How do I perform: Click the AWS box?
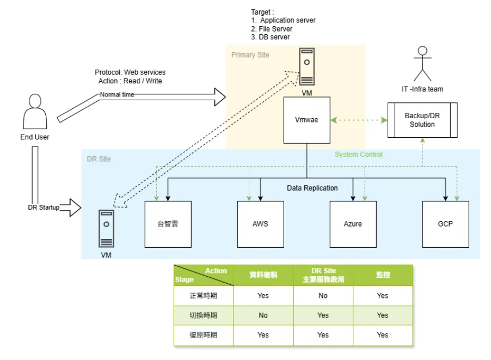coord(261,224)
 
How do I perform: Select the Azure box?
coord(353,224)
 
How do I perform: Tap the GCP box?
coord(445,224)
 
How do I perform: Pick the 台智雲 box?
coord(168,224)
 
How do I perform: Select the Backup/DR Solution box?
coord(422,120)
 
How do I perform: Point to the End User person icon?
coord(34,112)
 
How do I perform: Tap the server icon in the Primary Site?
coord(306,67)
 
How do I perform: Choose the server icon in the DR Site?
coord(106,229)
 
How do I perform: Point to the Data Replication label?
coord(312,188)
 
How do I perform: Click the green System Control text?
coord(358,154)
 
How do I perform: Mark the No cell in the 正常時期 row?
coord(323,295)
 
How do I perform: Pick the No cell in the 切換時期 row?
coord(263,315)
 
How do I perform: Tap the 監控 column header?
coord(383,275)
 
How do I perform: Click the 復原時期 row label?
coord(203,335)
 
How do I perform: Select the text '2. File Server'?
coord(272,28)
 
